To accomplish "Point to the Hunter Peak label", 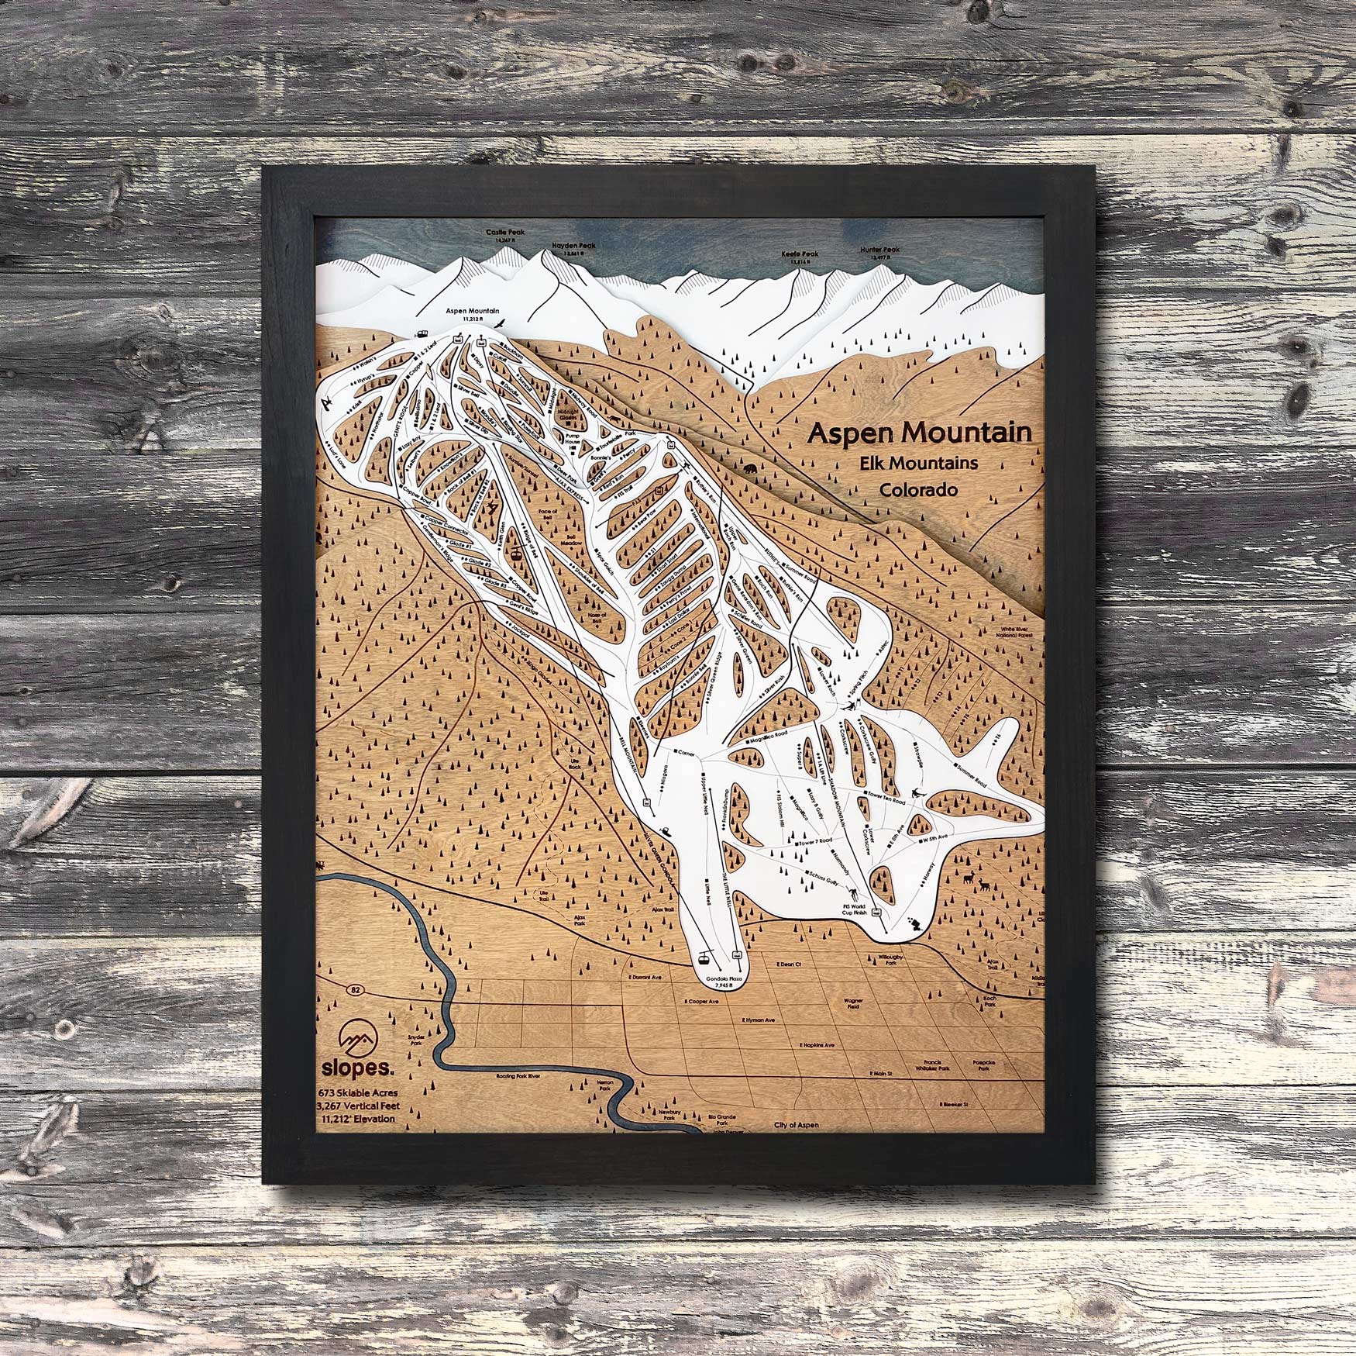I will (x=879, y=250).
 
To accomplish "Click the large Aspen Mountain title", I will (x=919, y=433).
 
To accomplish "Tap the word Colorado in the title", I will (x=918, y=490).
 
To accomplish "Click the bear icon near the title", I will (x=751, y=469).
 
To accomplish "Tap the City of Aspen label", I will (x=796, y=1125).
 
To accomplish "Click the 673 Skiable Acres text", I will (x=357, y=1093).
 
